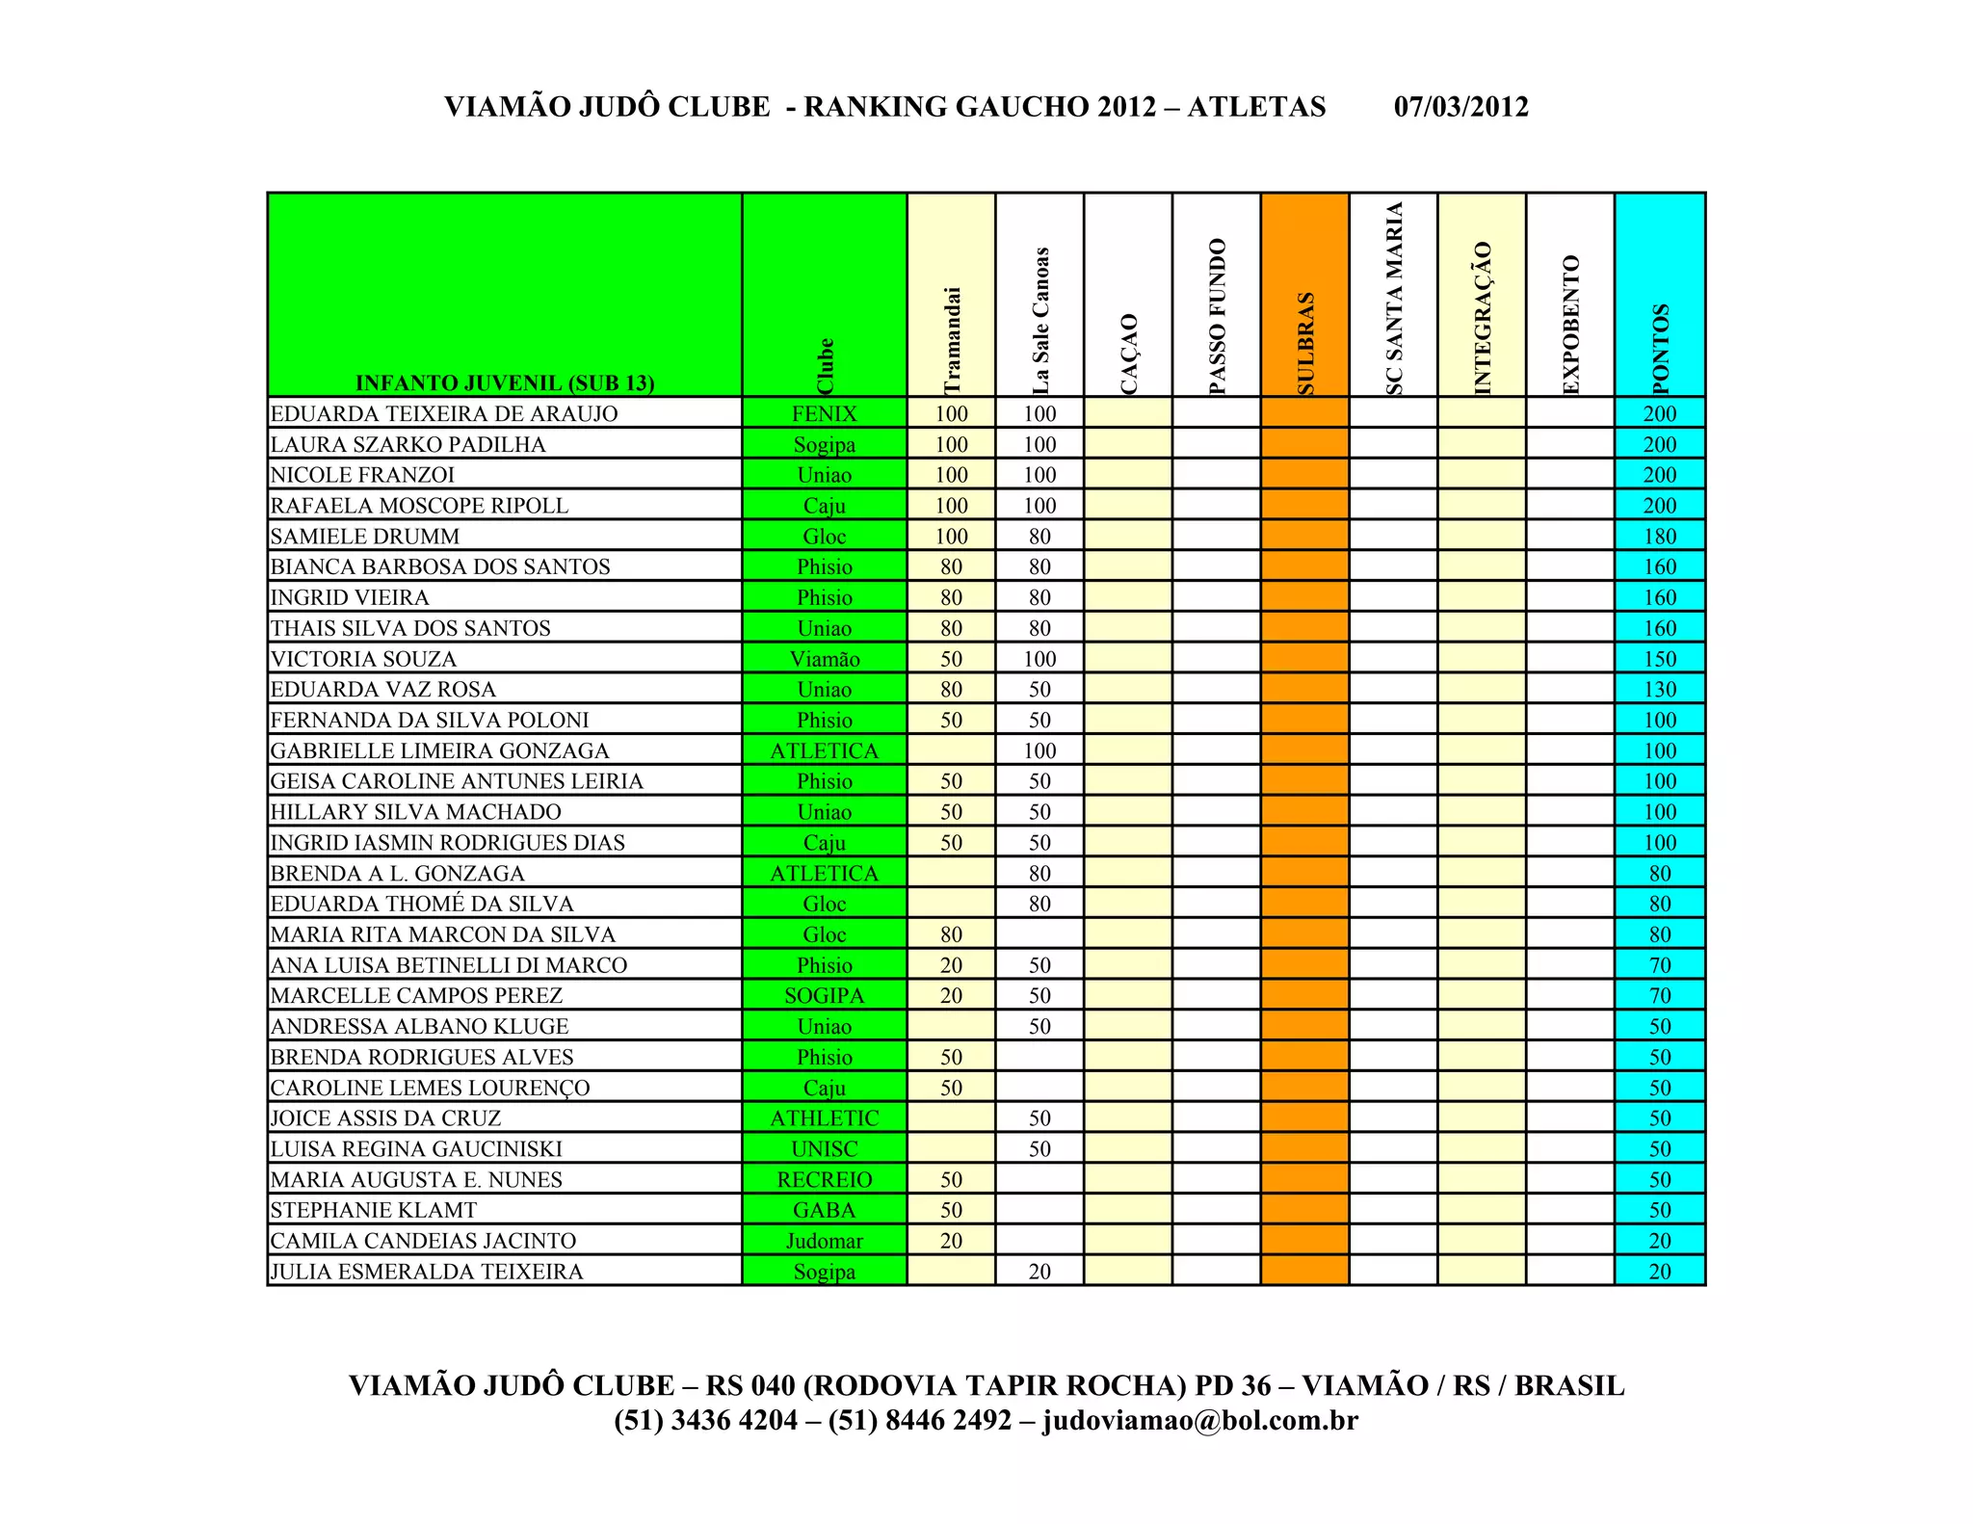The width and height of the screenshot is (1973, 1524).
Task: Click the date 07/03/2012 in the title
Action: [1460, 106]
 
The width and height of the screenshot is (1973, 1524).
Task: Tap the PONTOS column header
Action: [1660, 348]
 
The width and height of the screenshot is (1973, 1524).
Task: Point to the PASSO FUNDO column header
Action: [1217, 316]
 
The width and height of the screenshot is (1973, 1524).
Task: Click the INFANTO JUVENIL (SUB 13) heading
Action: [505, 382]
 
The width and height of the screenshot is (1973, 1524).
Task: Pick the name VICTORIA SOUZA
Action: [363, 659]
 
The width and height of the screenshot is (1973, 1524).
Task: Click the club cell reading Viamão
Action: [825, 659]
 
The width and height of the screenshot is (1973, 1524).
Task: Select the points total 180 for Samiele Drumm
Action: [1660, 537]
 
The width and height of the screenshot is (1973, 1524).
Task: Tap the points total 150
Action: [1660, 659]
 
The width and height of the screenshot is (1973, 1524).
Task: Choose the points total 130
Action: [1660, 690]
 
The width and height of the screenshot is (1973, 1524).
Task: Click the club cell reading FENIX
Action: [825, 414]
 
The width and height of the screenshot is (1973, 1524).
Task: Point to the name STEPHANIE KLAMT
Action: [374, 1210]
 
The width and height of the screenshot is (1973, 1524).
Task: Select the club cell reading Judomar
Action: [825, 1241]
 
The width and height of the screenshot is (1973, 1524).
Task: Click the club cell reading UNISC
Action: [825, 1149]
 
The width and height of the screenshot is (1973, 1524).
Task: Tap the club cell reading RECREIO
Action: [825, 1180]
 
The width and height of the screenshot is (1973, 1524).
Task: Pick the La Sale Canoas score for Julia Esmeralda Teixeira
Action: [1039, 1272]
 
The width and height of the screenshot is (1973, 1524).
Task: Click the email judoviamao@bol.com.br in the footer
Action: [1200, 1421]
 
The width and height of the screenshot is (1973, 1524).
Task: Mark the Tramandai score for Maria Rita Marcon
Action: [951, 934]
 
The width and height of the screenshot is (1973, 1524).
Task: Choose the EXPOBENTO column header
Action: [1570, 324]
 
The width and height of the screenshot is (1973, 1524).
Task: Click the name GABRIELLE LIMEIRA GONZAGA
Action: [439, 750]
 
